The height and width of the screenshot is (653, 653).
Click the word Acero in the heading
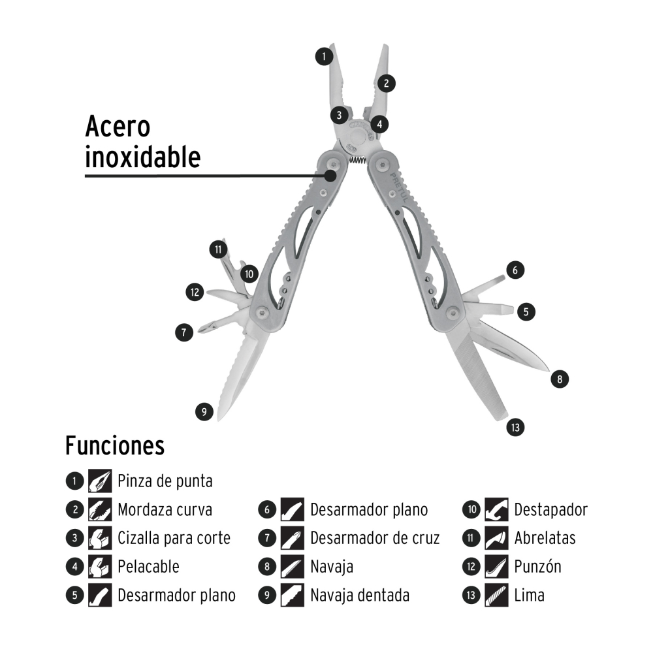(x=118, y=127)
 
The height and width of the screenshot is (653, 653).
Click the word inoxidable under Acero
(x=142, y=157)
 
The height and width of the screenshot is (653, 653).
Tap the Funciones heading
(x=114, y=447)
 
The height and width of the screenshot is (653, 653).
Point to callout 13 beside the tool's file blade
(x=515, y=428)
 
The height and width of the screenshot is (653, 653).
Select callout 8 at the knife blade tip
(x=560, y=377)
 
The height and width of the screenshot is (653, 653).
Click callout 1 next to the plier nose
(x=323, y=56)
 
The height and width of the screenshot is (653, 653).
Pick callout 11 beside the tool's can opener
(x=217, y=249)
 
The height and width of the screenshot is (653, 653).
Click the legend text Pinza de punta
(x=165, y=482)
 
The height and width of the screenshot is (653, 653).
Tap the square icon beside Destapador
(x=497, y=510)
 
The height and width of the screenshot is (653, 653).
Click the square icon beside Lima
(x=497, y=596)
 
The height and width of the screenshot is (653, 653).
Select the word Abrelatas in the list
(x=545, y=538)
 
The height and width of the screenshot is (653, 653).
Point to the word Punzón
(x=537, y=567)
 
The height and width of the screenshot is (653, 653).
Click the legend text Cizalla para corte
(x=174, y=538)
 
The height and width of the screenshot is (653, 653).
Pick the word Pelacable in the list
(x=148, y=567)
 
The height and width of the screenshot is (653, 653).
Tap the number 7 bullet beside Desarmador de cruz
(x=266, y=538)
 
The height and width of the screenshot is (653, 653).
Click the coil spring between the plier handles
(x=356, y=161)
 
